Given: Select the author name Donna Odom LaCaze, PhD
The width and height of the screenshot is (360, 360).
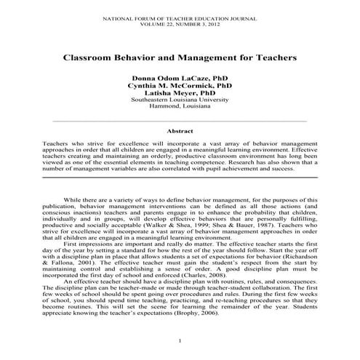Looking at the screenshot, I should coord(180,77).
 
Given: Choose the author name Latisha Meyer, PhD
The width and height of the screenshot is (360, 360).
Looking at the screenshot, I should coord(180,94).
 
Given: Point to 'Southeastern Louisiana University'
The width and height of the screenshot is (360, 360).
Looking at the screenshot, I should coord(180,100).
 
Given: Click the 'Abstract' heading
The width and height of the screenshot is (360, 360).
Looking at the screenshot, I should coord(180,132).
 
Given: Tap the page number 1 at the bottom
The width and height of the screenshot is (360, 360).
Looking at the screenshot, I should coord(180,342).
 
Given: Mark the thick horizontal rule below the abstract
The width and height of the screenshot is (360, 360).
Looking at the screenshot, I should coord(180,177).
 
